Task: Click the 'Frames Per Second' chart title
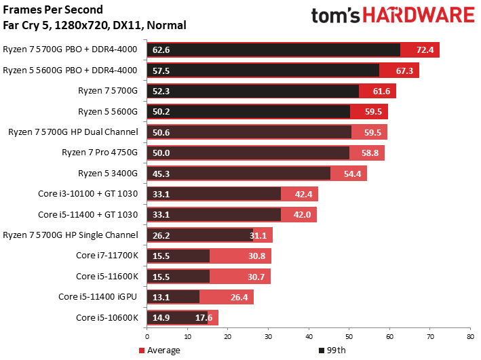52,10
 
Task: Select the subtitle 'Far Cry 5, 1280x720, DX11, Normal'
94,26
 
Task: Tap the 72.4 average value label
425,50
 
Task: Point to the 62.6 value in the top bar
161,50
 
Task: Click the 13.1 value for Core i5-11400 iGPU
161,297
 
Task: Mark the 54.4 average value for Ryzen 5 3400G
352,174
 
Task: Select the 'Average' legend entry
161,351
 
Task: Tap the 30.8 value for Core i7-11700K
256,256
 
